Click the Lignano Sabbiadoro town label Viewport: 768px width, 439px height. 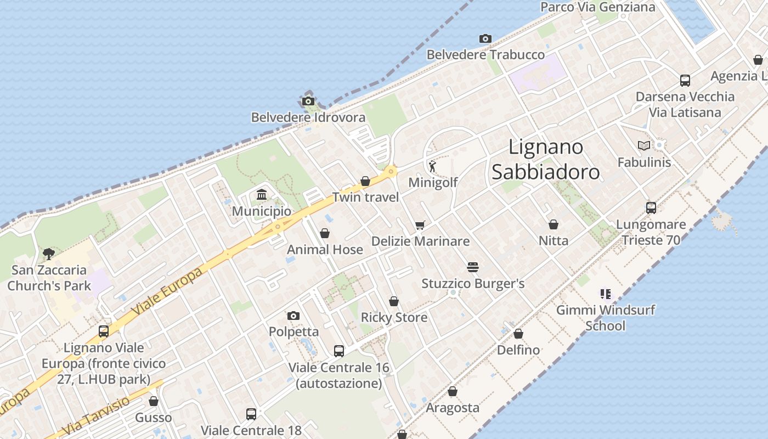pyautogui.click(x=545, y=159)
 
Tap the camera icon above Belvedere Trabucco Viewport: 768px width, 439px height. pyautogui.click(x=485, y=38)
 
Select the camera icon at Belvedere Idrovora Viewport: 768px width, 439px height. pyautogui.click(x=308, y=101)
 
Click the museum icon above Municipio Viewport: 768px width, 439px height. pyautogui.click(x=262, y=195)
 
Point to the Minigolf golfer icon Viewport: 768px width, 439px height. pyautogui.click(x=433, y=166)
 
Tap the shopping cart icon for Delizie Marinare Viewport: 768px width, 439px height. pyautogui.click(x=420, y=224)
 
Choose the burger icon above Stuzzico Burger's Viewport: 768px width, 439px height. pyautogui.click(x=473, y=267)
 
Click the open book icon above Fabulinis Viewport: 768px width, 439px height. pyautogui.click(x=644, y=145)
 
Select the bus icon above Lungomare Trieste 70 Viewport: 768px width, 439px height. pyautogui.click(x=651, y=207)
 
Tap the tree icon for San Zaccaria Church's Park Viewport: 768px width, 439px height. pyautogui.click(x=49, y=254)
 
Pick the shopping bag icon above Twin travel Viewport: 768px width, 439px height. pyautogui.click(x=365, y=181)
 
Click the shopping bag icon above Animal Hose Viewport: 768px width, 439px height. pyautogui.click(x=325, y=233)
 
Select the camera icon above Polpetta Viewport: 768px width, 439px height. pyautogui.click(x=293, y=316)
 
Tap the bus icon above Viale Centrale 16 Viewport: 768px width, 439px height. pyautogui.click(x=339, y=351)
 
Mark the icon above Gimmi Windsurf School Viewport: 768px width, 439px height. pyautogui.click(x=605, y=294)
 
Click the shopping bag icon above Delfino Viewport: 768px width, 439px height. pyautogui.click(x=518, y=334)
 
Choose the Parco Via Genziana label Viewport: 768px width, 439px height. pyautogui.click(x=597, y=7)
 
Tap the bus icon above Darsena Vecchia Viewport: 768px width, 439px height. pyautogui.click(x=685, y=80)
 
